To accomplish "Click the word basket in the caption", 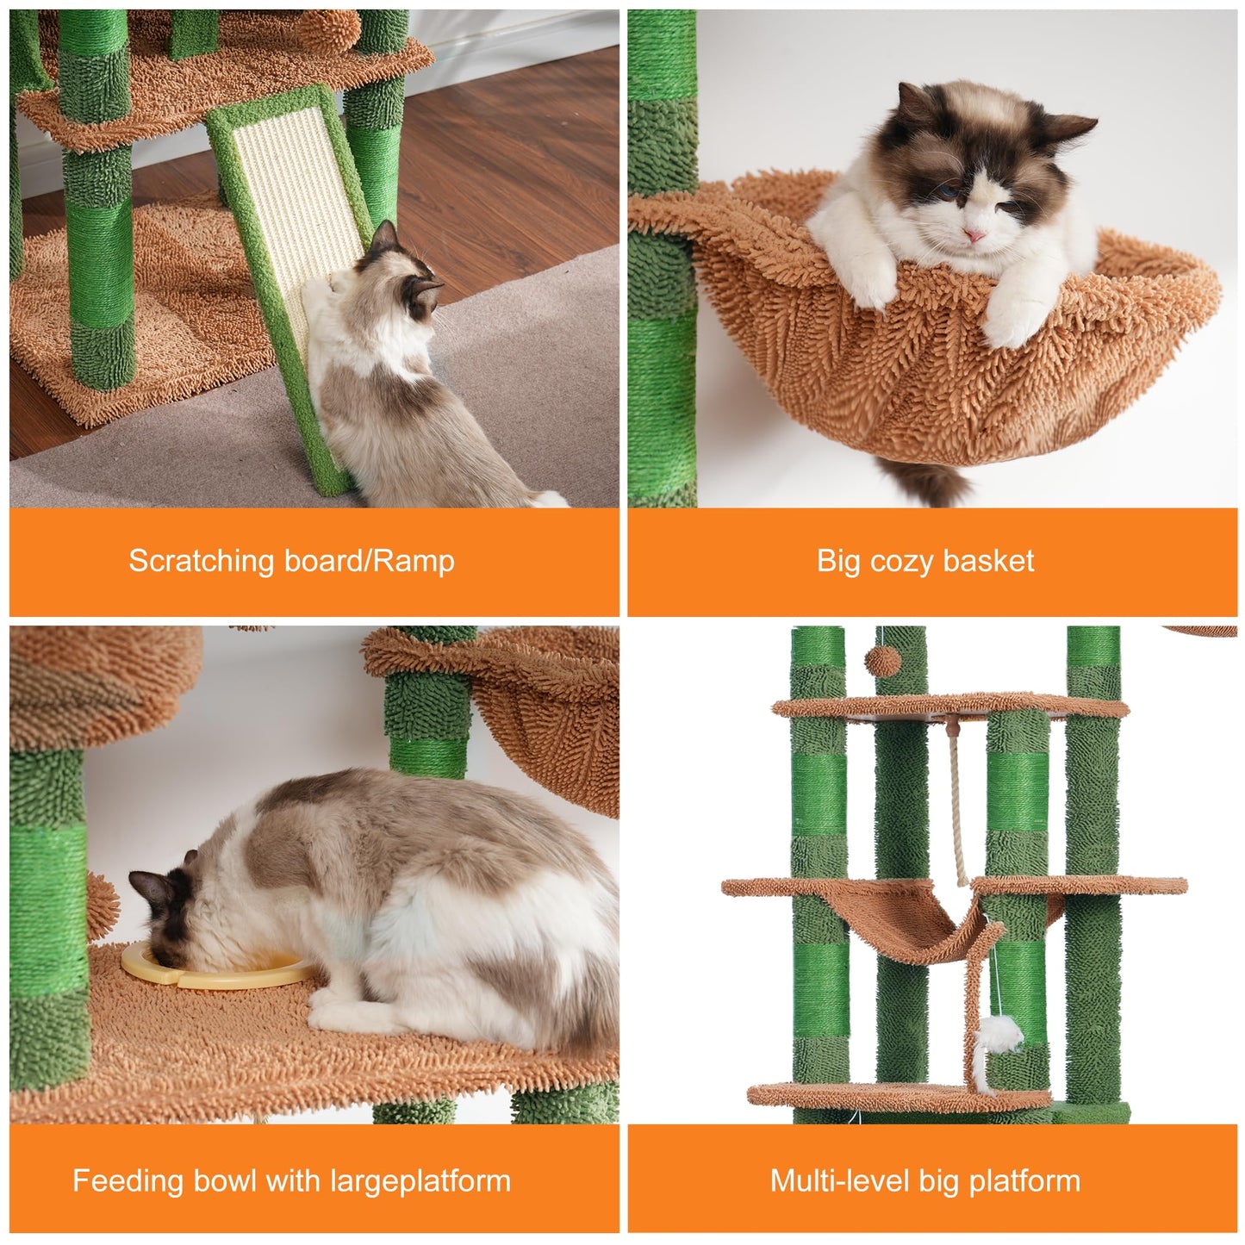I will tap(988, 562).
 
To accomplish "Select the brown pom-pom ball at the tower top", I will tap(882, 661).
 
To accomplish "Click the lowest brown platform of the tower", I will tap(896, 1097).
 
